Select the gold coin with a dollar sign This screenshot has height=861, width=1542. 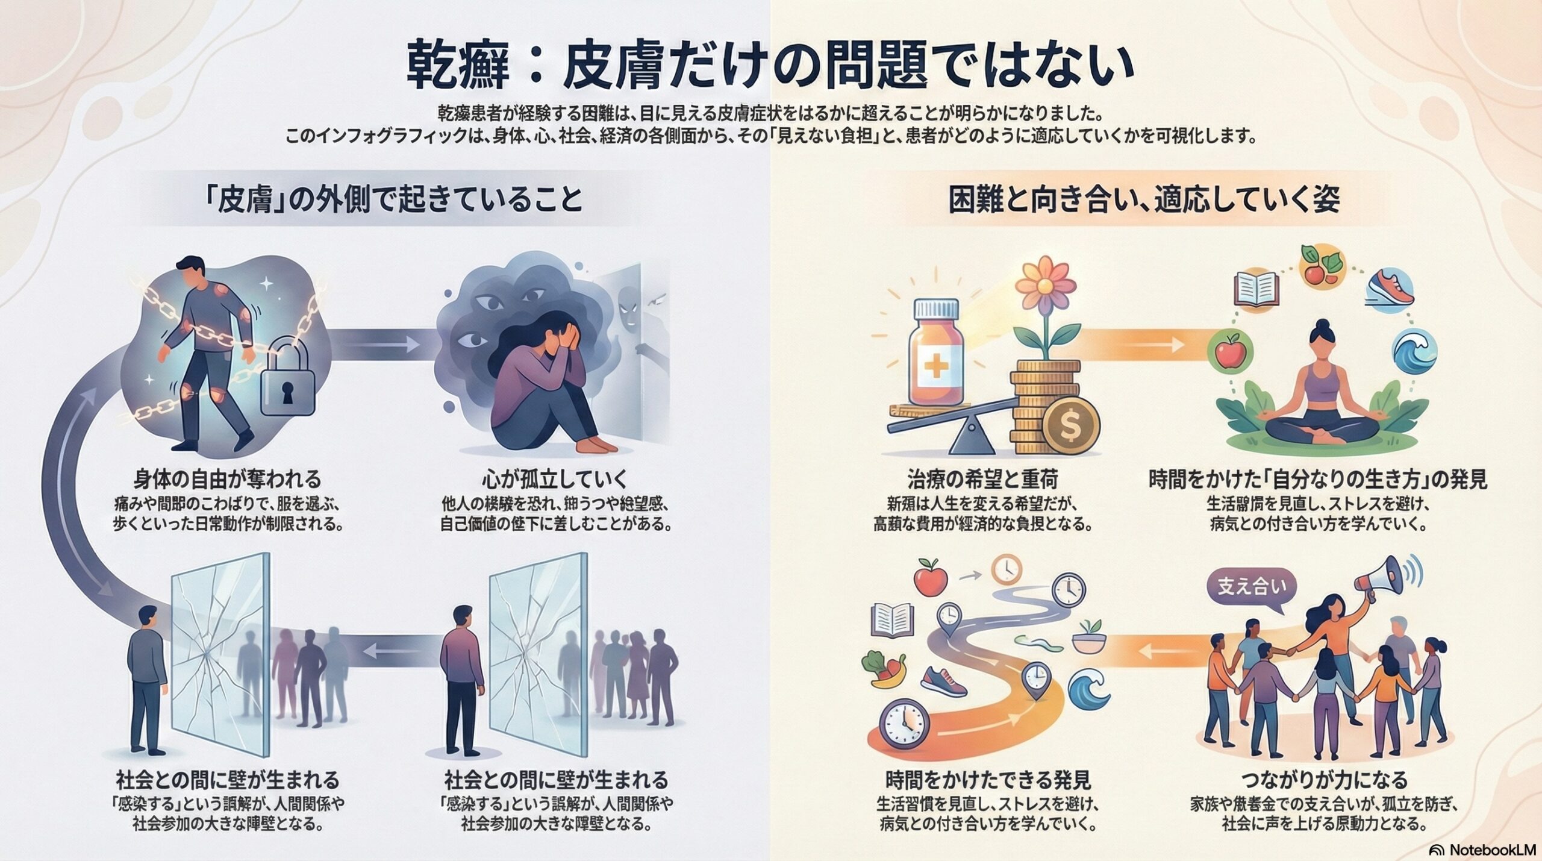tap(1072, 427)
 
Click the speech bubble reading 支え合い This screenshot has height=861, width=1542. tap(1251, 587)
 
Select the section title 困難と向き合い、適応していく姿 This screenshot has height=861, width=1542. tap(1144, 201)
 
